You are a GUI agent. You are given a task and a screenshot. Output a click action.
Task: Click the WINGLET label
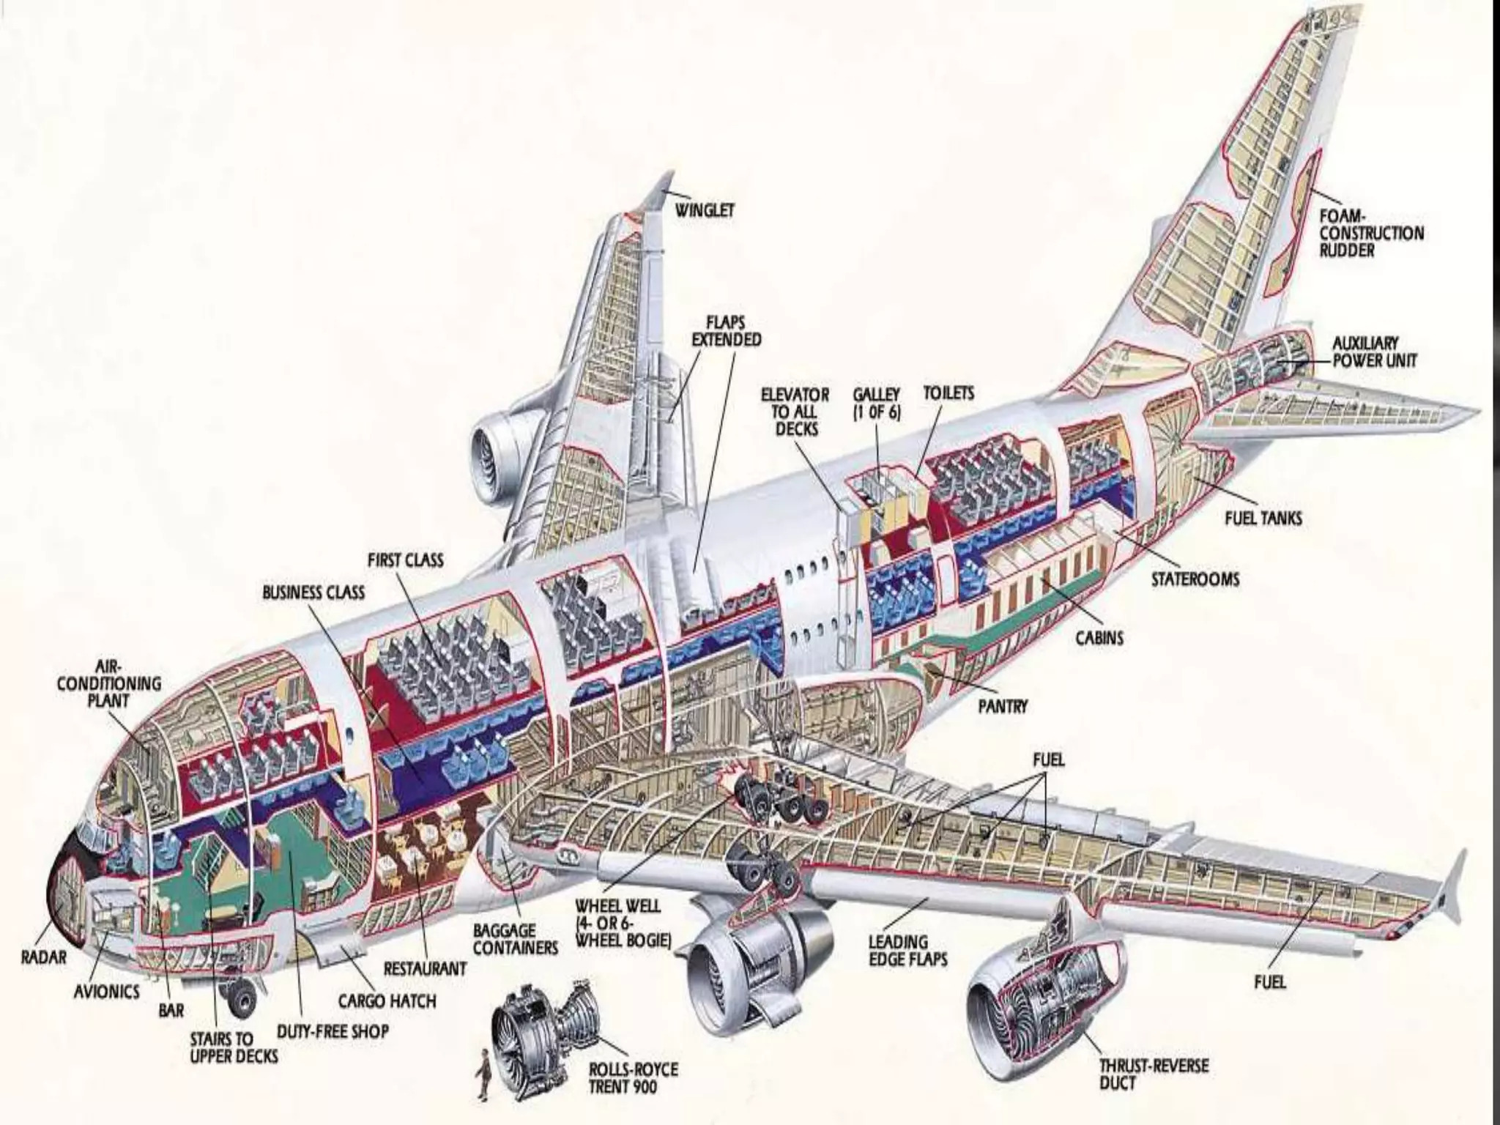(704, 211)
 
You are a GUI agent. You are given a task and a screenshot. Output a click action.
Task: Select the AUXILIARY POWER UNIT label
(1375, 352)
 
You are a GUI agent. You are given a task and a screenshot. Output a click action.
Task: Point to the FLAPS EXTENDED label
(726, 330)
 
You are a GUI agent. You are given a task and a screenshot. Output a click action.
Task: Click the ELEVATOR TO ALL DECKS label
(795, 412)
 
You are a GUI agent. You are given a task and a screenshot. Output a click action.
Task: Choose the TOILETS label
(948, 393)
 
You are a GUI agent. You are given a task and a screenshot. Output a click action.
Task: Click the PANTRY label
(1003, 706)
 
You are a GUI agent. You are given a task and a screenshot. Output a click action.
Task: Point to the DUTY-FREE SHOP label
(333, 1031)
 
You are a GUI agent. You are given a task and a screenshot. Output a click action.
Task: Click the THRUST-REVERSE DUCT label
(1153, 1074)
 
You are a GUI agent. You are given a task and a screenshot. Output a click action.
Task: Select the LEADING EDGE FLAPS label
(907, 950)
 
